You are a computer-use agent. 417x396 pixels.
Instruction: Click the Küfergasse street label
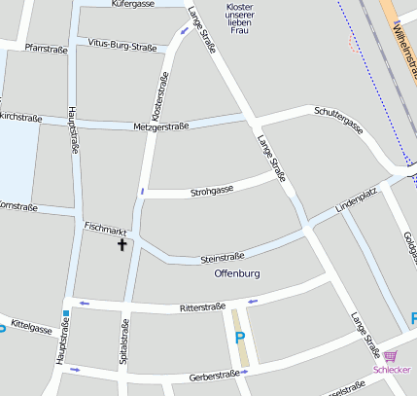(133, 5)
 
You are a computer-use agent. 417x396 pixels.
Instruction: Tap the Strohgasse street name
(212, 189)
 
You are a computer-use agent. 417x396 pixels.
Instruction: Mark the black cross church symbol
(122, 244)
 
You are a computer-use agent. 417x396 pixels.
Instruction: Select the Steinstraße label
(222, 258)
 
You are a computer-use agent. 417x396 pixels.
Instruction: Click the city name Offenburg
(237, 274)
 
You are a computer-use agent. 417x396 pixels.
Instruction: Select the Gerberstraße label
(215, 375)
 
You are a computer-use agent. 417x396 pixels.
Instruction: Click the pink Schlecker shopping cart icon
(391, 356)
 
